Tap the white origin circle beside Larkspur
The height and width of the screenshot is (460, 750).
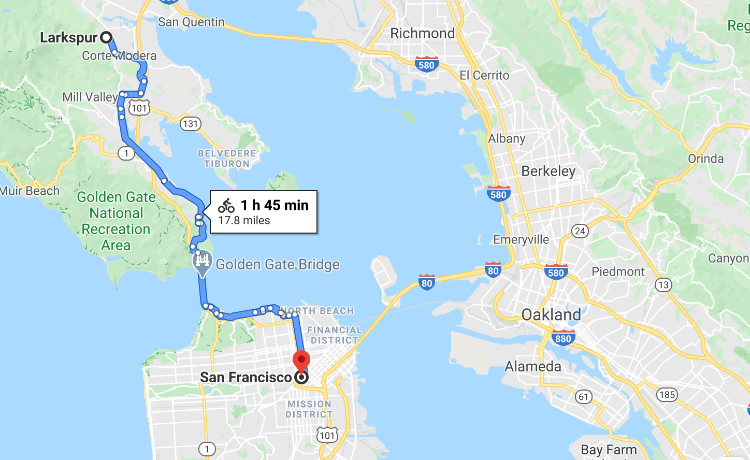click(106, 37)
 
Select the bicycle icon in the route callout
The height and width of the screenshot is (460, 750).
click(226, 206)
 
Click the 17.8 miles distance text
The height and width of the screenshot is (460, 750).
click(244, 221)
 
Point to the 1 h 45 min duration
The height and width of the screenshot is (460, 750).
click(275, 205)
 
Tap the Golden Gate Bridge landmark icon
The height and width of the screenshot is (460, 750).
click(203, 261)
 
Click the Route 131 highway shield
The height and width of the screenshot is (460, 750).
click(190, 124)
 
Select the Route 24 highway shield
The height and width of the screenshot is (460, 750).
click(580, 231)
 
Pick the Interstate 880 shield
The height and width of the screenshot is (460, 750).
click(563, 338)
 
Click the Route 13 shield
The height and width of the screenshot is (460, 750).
click(663, 284)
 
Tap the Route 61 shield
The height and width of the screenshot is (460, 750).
click(584, 397)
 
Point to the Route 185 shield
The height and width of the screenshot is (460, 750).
click(667, 395)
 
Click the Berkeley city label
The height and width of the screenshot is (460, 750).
click(548, 171)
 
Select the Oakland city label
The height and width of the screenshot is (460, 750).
click(551, 314)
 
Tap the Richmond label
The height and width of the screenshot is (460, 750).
click(422, 34)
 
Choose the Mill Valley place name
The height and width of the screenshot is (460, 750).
click(90, 97)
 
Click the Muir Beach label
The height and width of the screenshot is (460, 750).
click(30, 191)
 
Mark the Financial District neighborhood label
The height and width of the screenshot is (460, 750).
click(335, 335)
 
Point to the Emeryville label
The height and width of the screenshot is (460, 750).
click(521, 239)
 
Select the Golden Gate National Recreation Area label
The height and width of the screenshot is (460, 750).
click(116, 221)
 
